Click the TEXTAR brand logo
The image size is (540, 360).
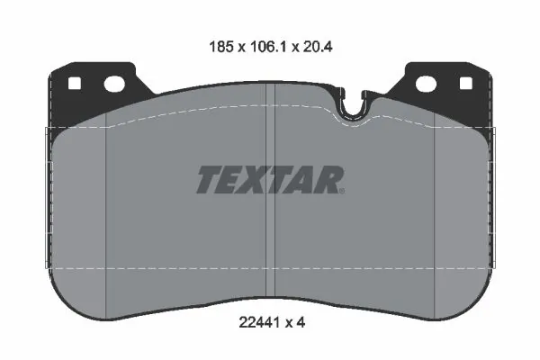(270, 180)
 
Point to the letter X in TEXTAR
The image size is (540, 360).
(260, 180)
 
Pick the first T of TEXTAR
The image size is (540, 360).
(208, 180)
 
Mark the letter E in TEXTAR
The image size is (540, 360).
(233, 180)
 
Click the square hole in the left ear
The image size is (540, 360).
(76, 85)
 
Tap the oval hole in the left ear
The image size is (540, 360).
(114, 85)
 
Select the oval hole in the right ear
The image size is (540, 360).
(427, 85)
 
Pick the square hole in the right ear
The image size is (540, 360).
(465, 85)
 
